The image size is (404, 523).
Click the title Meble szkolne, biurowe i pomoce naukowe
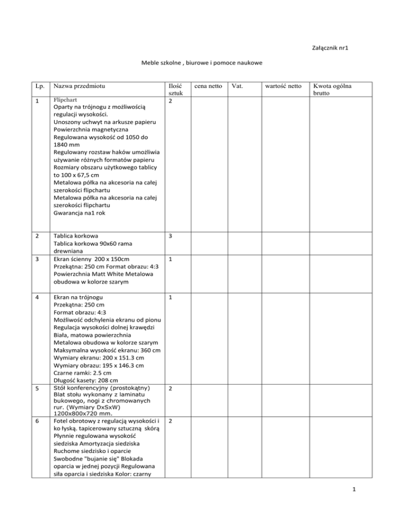point(202,63)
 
